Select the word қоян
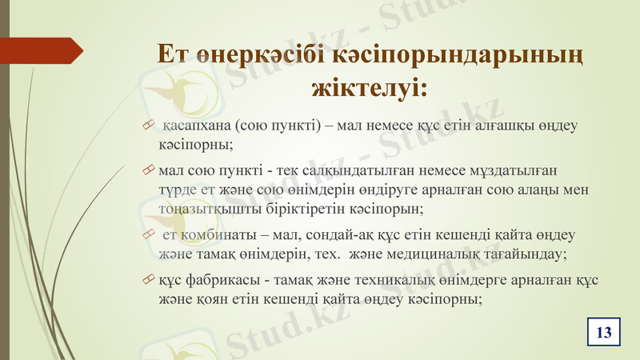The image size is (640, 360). [205, 299]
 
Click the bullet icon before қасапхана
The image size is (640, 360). [146, 126]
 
